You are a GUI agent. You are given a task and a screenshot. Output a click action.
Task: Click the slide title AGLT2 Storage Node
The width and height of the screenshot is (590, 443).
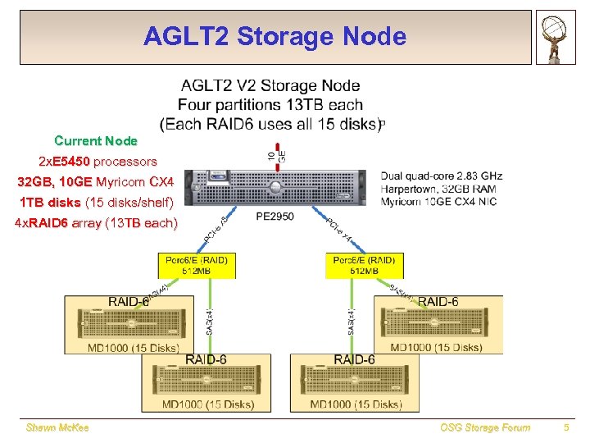point(275,37)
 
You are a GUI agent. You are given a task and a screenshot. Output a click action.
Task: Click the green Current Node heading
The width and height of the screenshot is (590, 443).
point(96,141)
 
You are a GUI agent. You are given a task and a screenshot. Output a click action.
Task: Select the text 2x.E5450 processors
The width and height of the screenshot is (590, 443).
point(98,161)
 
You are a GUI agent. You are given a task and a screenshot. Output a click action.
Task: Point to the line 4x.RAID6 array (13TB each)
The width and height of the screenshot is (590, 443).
point(96,222)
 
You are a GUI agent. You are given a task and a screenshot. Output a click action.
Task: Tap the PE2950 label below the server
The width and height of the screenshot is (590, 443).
point(275,217)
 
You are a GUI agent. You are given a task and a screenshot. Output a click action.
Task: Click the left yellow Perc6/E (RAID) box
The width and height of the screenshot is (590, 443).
point(197,266)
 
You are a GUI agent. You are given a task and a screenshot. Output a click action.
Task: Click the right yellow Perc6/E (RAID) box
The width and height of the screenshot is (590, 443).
point(364,266)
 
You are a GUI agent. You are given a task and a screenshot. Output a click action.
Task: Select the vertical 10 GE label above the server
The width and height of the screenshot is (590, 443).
point(276,153)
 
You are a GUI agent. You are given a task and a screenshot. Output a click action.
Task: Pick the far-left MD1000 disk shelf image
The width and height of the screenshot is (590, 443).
point(131,324)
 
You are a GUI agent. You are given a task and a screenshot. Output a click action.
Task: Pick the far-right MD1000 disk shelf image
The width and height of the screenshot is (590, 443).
point(438,324)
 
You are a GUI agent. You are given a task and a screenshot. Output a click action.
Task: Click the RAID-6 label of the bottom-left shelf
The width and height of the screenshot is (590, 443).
point(206,360)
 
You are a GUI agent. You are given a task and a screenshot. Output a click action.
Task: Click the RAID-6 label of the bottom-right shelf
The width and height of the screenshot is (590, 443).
point(355,360)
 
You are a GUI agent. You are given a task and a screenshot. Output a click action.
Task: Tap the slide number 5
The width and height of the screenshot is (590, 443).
point(566,427)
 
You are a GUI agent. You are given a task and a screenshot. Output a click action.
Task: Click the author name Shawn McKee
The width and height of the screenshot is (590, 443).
point(57,427)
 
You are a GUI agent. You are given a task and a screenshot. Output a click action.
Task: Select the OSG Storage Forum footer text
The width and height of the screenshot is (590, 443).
point(485,427)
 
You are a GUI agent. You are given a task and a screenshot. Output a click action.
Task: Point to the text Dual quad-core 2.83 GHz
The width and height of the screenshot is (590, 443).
point(441,176)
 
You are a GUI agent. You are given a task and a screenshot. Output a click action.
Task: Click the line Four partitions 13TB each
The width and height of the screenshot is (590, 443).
point(270,104)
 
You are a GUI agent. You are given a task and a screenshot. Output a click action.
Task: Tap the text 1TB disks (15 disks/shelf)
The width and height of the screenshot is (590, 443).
point(96,202)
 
